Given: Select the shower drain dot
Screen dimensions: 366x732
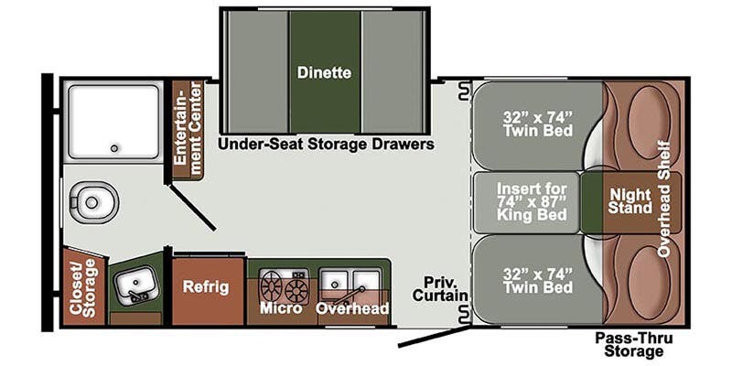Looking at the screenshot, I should (x=115, y=146).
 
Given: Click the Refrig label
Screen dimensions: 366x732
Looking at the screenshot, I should (x=207, y=286).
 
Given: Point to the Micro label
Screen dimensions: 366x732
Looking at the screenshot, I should (x=281, y=308).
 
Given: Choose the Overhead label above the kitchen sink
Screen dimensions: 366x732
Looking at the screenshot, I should (x=352, y=308).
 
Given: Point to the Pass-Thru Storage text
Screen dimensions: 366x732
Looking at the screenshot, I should (x=629, y=344).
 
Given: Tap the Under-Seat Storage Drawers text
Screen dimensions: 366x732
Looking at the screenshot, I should (x=325, y=145).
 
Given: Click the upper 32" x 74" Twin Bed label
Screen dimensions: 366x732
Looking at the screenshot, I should (x=538, y=124).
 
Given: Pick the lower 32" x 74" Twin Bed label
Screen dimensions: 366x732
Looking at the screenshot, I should (x=538, y=280).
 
